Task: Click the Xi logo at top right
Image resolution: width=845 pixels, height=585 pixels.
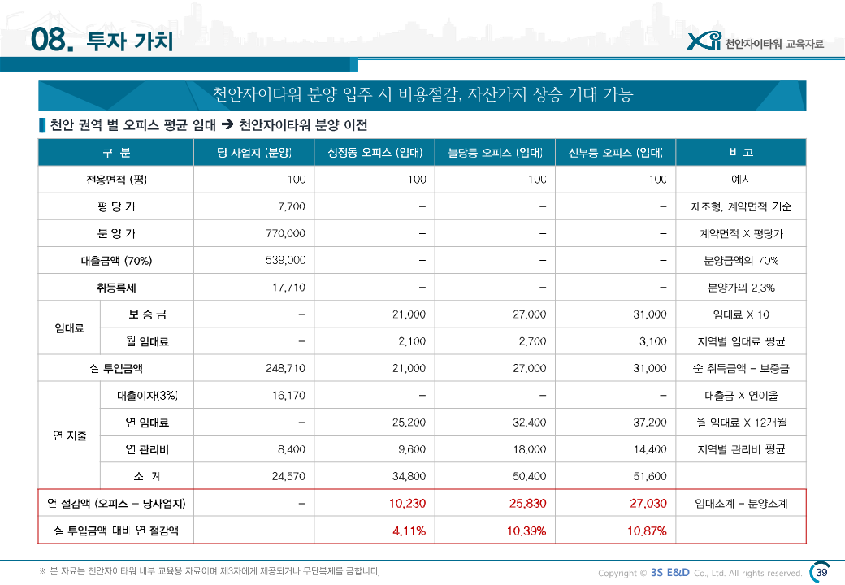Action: [703, 41]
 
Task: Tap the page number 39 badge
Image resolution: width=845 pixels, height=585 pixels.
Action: [821, 572]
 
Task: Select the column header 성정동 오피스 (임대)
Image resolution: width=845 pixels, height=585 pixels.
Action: [375, 153]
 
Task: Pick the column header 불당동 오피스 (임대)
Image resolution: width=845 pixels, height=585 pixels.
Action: [496, 153]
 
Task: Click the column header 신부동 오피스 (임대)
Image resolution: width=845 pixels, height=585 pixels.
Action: [616, 153]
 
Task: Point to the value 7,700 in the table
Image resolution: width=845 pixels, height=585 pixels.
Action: [291, 206]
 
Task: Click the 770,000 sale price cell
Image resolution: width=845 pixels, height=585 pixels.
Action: [285, 233]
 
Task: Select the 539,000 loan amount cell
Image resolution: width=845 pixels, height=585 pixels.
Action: [285, 261]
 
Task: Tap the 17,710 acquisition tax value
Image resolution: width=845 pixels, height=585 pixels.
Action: [288, 288]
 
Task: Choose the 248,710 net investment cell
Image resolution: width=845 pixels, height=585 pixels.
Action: [285, 368]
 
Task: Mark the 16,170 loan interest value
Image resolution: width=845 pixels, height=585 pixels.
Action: [288, 396]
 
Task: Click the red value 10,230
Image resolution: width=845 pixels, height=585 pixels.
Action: [407, 504]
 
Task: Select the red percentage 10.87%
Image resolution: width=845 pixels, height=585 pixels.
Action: [648, 531]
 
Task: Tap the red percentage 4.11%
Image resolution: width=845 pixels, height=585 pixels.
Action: [409, 531]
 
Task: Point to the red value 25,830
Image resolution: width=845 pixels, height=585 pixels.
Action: [527, 504]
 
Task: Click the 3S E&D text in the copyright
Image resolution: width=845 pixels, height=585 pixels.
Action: [670, 573]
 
